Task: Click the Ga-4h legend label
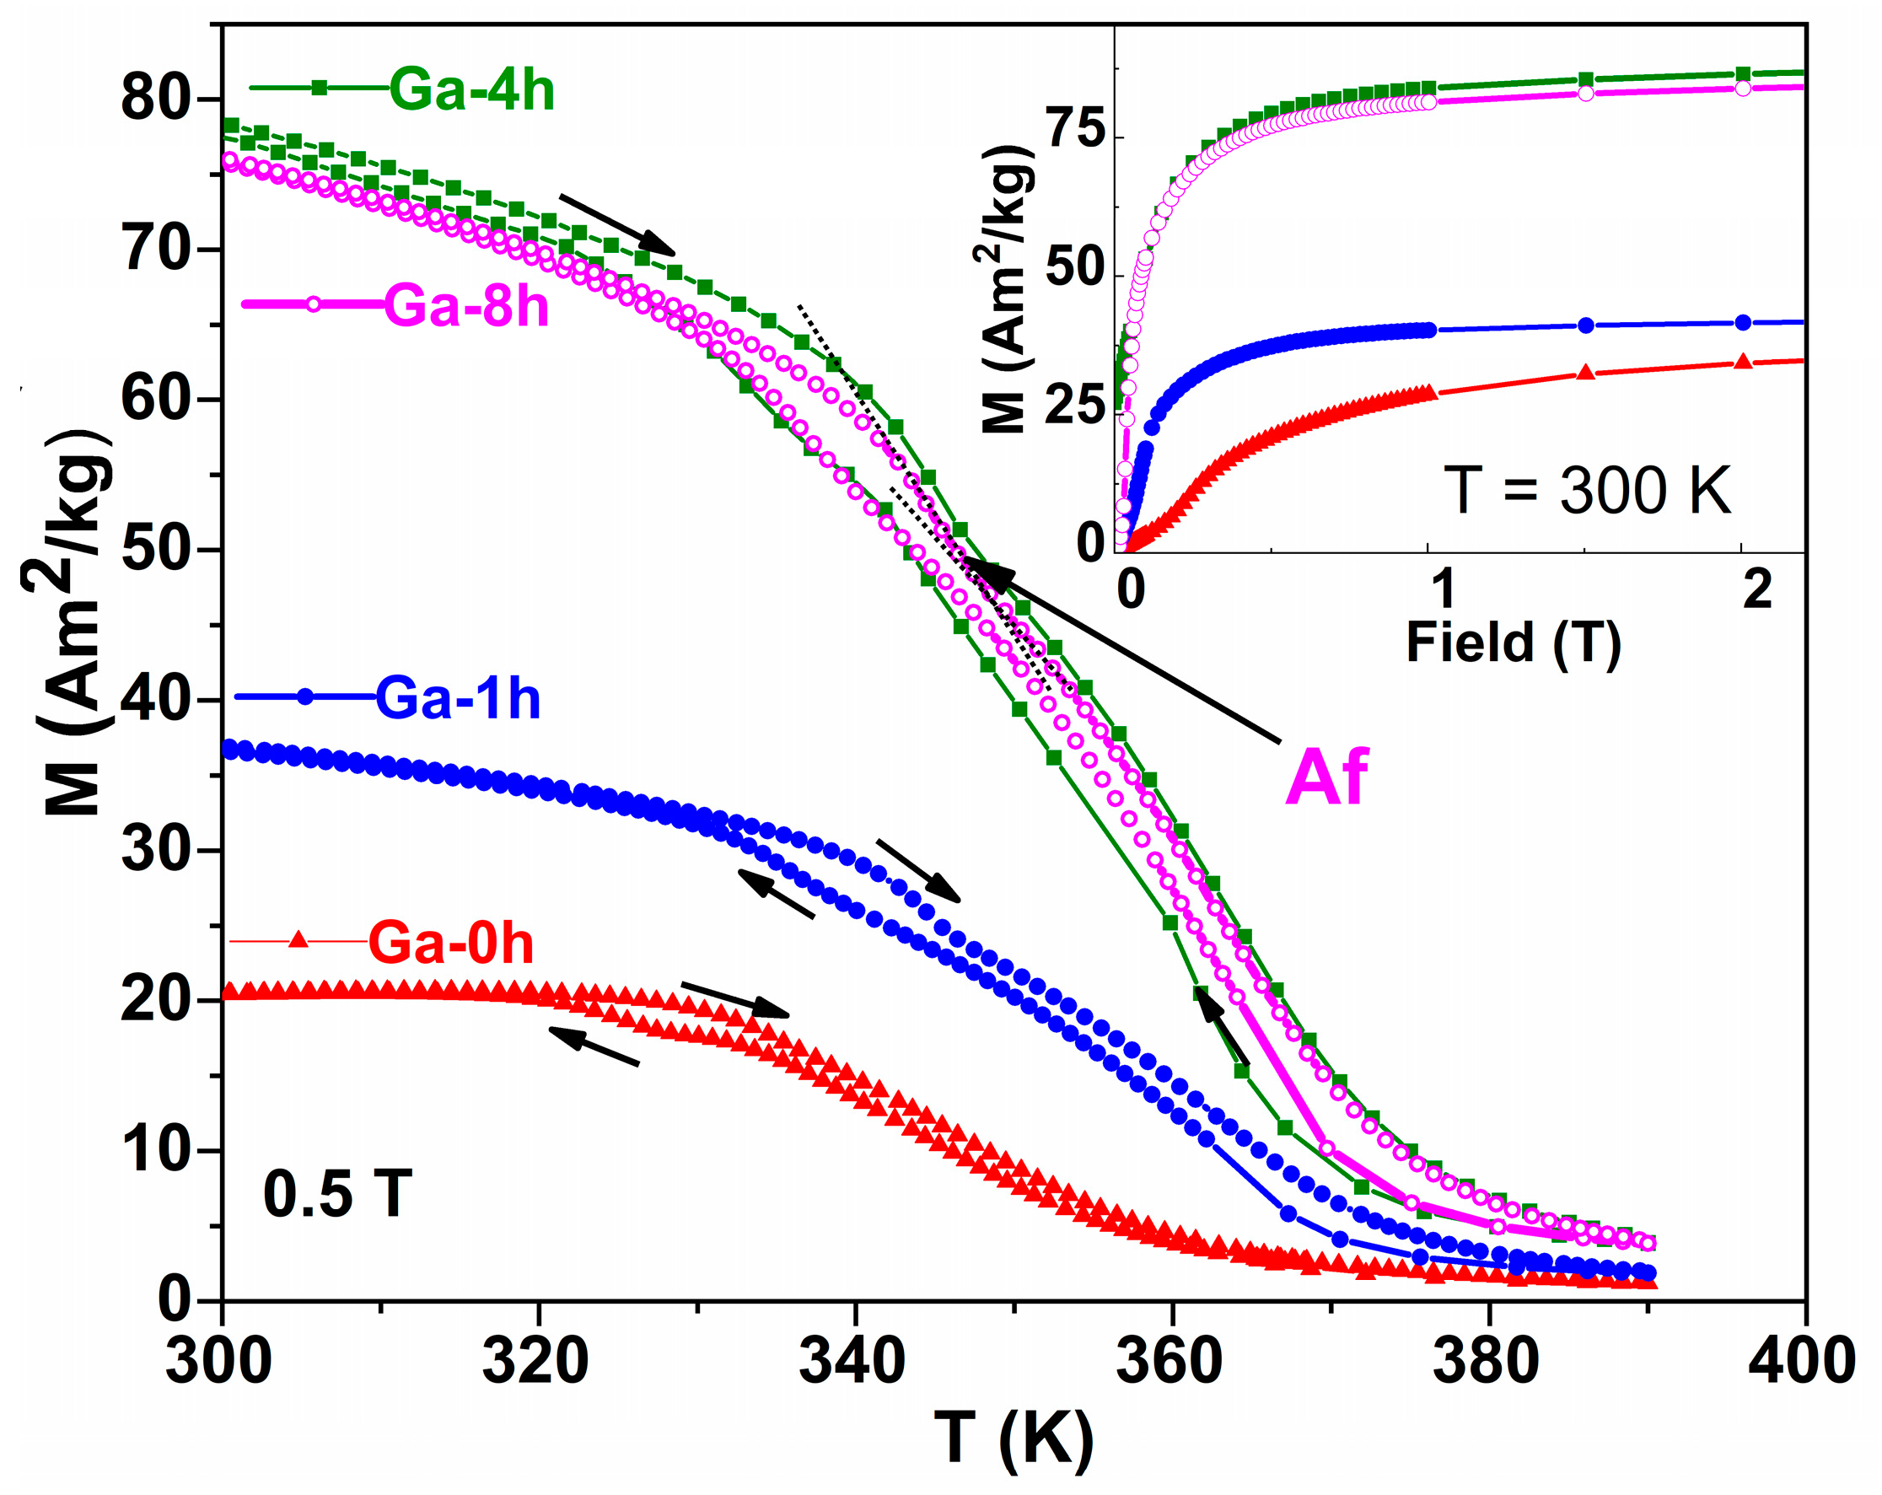coord(471,90)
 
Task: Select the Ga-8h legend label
coord(466,306)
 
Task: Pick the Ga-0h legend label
coord(450,944)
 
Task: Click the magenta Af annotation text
coord(1326,777)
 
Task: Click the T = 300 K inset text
coord(1587,492)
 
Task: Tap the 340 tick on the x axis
coord(852,1362)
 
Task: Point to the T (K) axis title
coord(1014,1439)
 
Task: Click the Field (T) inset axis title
coord(1513,643)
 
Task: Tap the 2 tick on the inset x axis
coord(1757,591)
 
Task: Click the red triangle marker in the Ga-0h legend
coord(298,940)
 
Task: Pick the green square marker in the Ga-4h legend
coord(320,88)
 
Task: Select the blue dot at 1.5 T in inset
coord(1586,325)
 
